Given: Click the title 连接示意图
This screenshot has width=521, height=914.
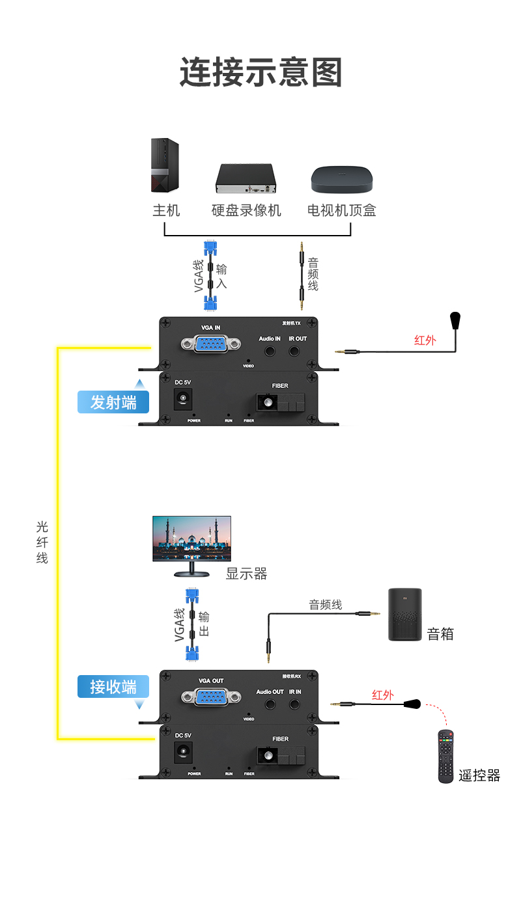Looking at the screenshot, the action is coord(260,72).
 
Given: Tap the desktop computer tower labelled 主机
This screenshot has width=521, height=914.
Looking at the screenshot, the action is coord(165,165).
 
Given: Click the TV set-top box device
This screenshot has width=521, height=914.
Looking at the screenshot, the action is coord(342,179).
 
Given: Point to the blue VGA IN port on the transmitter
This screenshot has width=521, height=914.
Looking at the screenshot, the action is coord(211,344).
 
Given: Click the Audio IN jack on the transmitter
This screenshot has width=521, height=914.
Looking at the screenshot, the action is coord(270,350).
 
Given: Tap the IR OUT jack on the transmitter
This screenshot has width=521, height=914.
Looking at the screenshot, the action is coord(294,350).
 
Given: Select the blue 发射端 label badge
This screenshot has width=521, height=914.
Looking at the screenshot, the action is coord(113,402).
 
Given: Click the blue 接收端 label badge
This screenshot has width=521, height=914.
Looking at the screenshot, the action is coord(113,687).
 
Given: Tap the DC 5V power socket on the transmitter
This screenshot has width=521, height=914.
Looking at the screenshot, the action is coord(182,398).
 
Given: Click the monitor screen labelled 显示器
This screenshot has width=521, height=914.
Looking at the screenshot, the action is coord(191,538).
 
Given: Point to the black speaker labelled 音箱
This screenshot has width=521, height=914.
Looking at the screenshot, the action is coord(404,614).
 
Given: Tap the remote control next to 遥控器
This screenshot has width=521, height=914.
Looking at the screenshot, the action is coord(445,756).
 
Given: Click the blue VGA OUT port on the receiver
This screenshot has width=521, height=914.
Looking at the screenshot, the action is coord(211,697).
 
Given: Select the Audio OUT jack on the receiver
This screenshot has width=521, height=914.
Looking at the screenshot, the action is coord(270,704).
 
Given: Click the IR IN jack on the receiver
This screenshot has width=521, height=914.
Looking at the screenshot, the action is coord(294,704).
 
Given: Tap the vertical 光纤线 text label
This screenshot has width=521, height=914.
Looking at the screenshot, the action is coord(42,542).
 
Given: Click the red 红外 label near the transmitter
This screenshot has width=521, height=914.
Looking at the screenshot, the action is coord(425,340).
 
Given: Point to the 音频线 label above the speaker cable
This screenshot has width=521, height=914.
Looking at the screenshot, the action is coord(326,604).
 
